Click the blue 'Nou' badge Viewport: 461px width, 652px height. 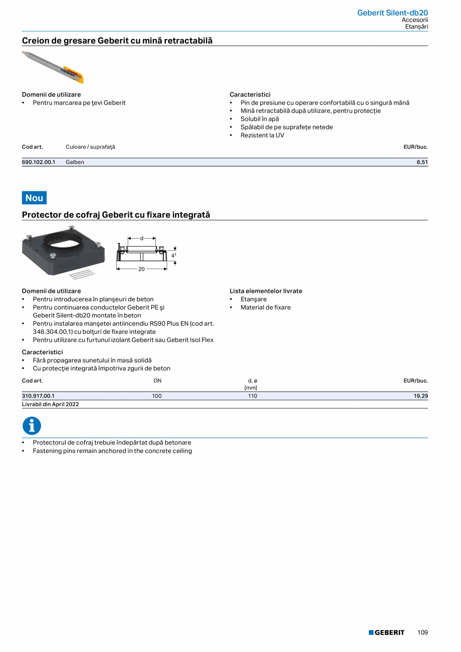[x=34, y=198]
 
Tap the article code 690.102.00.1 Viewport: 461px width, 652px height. [x=39, y=162]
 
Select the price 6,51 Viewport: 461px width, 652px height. [x=422, y=162]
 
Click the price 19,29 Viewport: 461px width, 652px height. [x=420, y=396]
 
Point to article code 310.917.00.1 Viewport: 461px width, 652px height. [x=38, y=396]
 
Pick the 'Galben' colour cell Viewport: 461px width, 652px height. [x=75, y=162]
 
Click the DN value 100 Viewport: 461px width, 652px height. [x=157, y=396]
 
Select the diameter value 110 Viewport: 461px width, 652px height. [x=252, y=396]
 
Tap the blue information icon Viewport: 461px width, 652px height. [x=32, y=426]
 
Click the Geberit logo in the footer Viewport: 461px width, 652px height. [x=386, y=632]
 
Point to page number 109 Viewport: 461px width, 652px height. [x=422, y=632]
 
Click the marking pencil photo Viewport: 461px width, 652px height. [x=53, y=67]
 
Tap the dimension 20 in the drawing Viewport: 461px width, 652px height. [x=141, y=269]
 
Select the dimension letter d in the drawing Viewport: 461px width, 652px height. [x=141, y=239]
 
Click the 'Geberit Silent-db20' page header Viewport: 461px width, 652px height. [x=392, y=13]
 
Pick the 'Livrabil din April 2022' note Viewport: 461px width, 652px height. [x=51, y=404]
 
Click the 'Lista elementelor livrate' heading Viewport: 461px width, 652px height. [x=266, y=291]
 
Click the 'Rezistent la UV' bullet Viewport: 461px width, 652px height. [x=262, y=135]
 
